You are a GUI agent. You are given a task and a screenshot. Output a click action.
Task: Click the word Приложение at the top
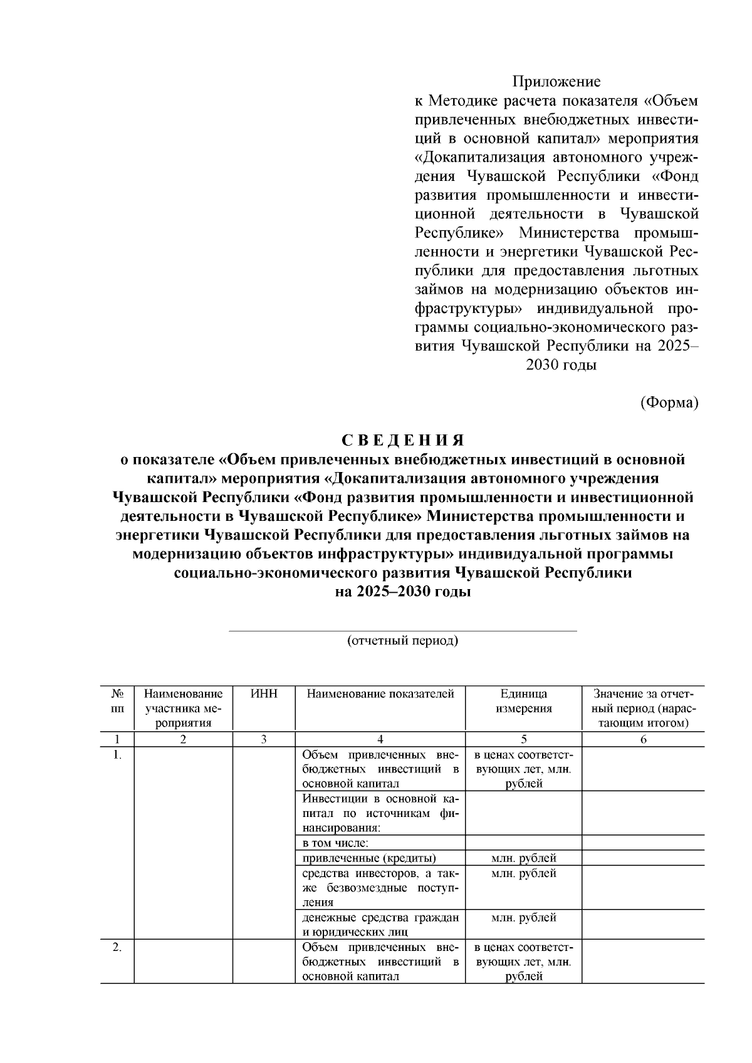tap(556, 81)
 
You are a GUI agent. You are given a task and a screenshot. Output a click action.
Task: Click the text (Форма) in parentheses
tap(669, 403)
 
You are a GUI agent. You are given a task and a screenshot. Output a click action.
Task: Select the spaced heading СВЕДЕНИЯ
tap(402, 440)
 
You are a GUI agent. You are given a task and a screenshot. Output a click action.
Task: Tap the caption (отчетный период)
tap(402, 641)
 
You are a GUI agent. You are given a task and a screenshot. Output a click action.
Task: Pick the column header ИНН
tap(263, 694)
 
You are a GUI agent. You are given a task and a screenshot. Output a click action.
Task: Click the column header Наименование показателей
tap(380, 694)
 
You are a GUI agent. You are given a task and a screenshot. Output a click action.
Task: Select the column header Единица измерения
tap(523, 701)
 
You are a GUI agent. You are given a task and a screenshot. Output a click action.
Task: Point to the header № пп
tap(117, 701)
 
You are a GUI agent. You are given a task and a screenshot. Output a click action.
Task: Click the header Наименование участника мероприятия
tap(183, 709)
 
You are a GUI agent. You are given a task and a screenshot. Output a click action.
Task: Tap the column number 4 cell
tap(380, 739)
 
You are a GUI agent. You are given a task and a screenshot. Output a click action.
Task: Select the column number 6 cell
tap(643, 739)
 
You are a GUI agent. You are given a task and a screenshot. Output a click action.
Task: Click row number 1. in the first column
tap(117, 755)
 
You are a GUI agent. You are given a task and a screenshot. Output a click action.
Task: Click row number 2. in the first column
tap(117, 948)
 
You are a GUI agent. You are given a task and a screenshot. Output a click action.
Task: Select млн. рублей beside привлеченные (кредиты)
tap(523, 858)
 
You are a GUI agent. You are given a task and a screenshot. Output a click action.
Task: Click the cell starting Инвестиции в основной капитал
tap(380, 813)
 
